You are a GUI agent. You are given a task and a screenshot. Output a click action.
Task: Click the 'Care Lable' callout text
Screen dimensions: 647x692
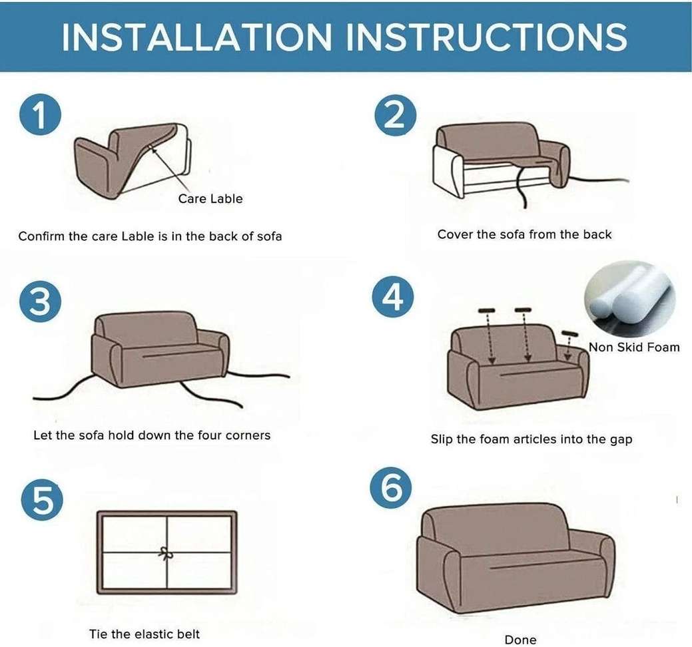click(x=210, y=198)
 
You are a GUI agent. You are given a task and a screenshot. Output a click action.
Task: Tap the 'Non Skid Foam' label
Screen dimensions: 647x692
click(x=633, y=347)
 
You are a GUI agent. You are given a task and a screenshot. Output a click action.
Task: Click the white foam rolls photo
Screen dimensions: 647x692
click(x=621, y=298)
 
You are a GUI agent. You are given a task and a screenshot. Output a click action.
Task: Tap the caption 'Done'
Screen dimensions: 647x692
click(x=520, y=640)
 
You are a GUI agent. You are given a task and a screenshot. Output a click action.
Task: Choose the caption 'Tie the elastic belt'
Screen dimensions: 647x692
click(x=145, y=634)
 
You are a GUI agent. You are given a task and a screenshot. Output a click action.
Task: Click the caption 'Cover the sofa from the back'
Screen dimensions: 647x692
click(x=524, y=234)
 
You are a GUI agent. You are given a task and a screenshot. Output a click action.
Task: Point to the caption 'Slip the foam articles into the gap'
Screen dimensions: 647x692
click(x=531, y=439)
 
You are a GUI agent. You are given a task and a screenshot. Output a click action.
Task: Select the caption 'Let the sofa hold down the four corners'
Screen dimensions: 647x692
click(x=152, y=435)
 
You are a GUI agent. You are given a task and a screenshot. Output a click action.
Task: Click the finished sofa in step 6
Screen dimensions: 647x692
click(x=514, y=558)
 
